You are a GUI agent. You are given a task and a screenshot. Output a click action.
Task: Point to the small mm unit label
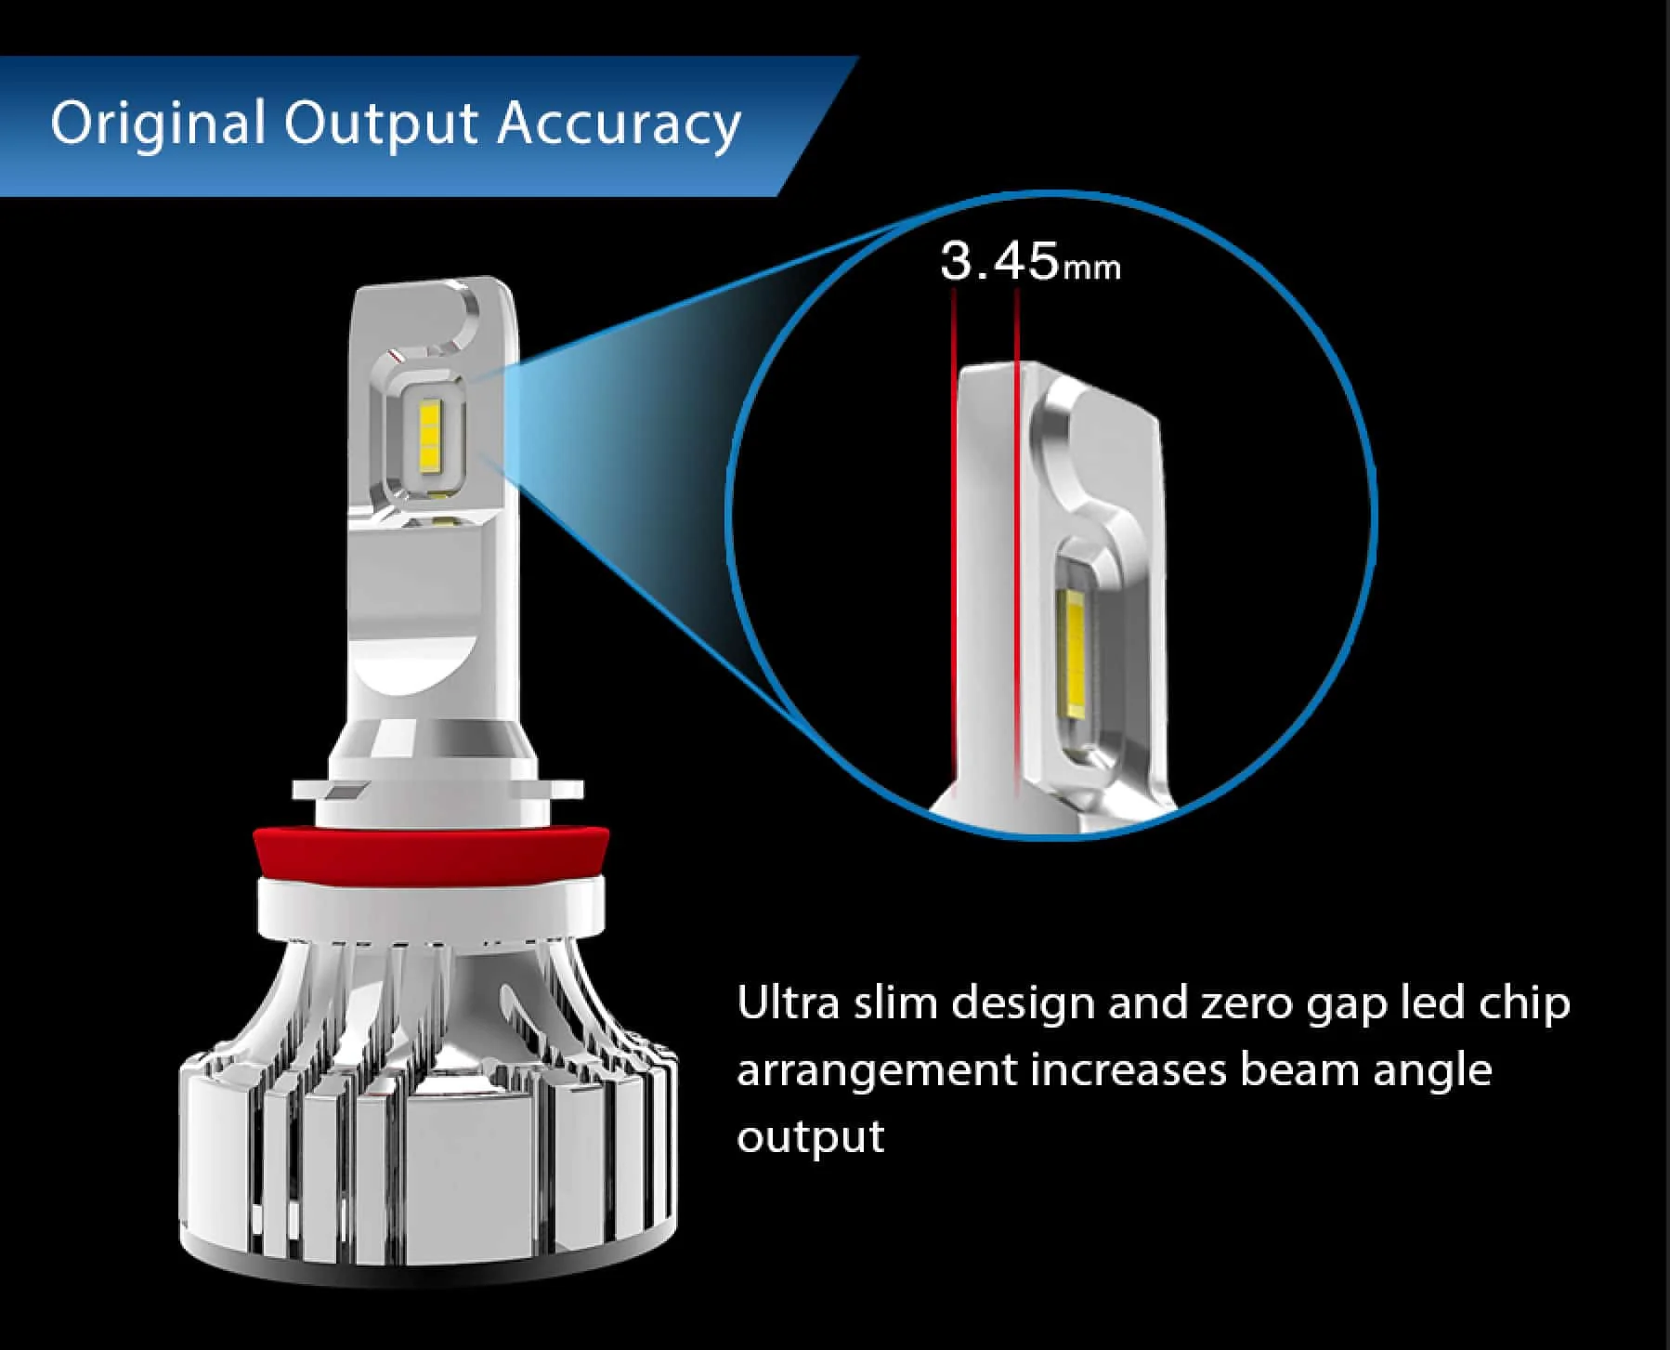click(1091, 269)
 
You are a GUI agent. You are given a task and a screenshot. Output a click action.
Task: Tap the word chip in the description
click(1523, 1003)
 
